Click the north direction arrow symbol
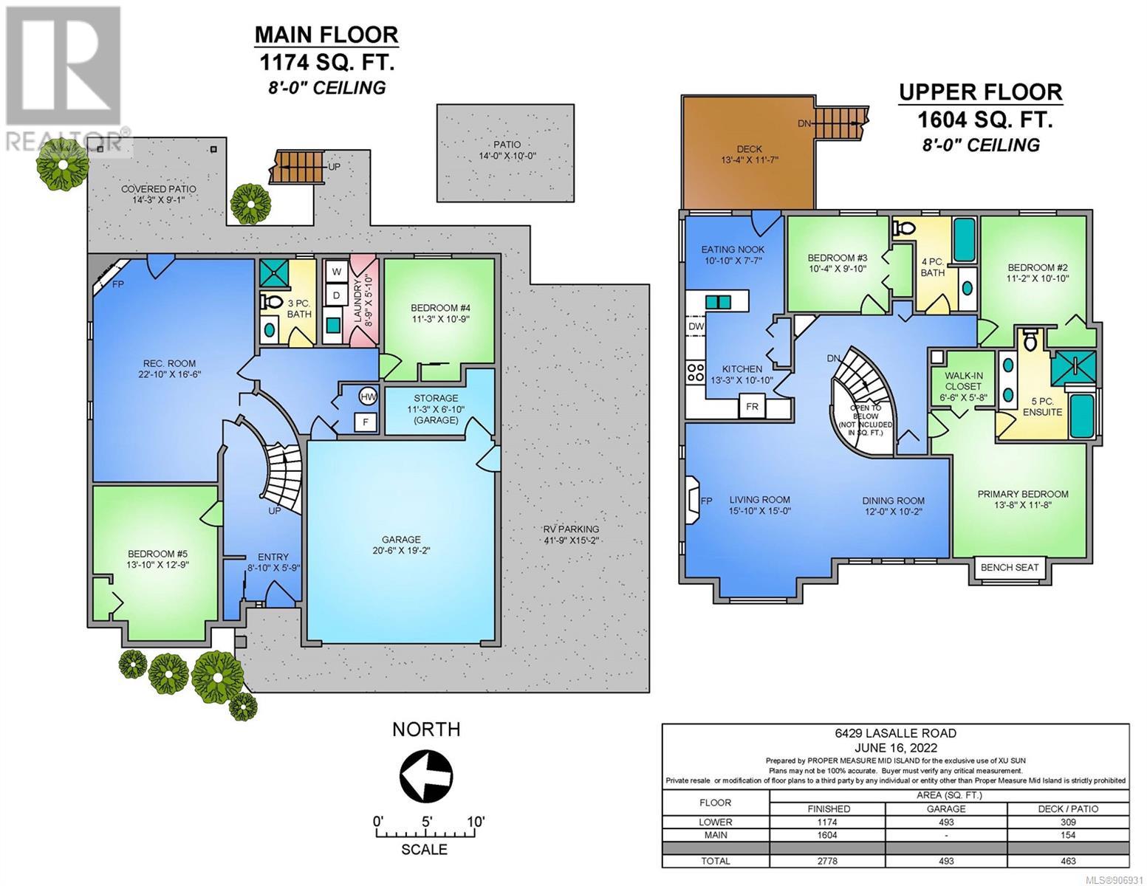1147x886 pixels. point(425,776)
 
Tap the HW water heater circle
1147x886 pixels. point(368,396)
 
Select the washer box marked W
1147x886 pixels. point(336,272)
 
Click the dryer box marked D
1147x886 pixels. point(336,295)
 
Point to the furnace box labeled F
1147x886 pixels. point(366,422)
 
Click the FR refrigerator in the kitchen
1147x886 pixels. point(752,406)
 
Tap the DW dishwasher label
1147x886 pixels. point(696,326)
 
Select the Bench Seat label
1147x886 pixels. point(1009,567)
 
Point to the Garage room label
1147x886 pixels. point(401,539)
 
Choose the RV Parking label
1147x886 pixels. point(571,529)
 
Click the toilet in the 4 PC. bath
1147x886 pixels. point(905,227)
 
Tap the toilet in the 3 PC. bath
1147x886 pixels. point(271,302)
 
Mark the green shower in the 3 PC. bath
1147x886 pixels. point(274,273)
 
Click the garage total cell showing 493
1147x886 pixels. point(946,861)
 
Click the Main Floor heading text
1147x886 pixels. point(326,35)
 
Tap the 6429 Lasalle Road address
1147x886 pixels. point(895,733)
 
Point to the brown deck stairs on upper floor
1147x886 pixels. point(840,123)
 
